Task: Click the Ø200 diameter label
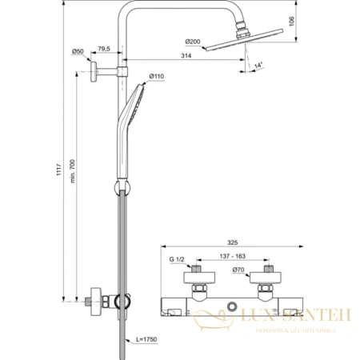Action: click(192, 41)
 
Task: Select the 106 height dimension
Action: click(293, 22)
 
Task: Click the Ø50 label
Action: click(78, 52)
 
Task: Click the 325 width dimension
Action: click(231, 242)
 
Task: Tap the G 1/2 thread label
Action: click(178, 258)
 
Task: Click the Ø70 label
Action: click(238, 270)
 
